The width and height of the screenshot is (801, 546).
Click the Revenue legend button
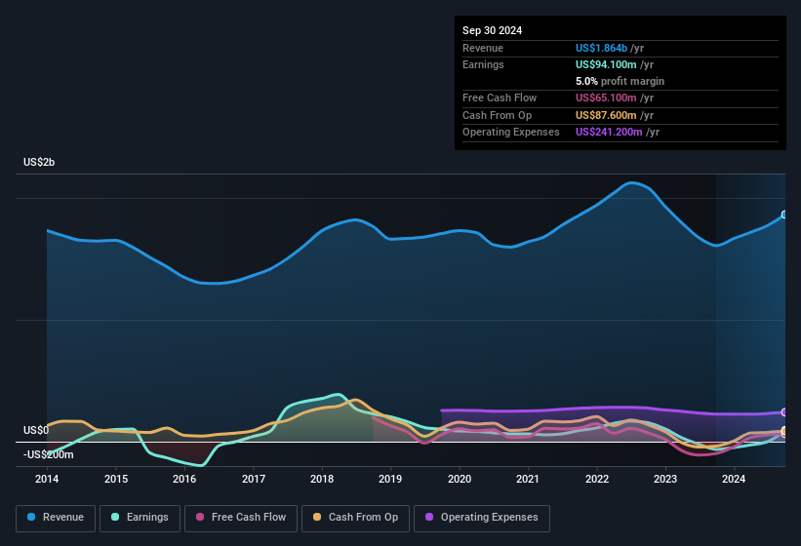point(55,518)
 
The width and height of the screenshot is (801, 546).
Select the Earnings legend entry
point(140,518)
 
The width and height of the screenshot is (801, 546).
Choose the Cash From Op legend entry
point(354,518)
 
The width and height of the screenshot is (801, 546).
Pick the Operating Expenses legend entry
point(482,518)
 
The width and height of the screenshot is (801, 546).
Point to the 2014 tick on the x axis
point(47,479)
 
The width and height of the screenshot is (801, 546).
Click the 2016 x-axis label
point(184,479)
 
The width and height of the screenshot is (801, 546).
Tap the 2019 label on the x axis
point(390,479)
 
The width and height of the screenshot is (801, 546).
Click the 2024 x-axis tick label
point(734,479)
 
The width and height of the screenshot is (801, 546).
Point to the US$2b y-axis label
point(40,162)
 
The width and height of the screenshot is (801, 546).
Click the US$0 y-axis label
point(36,430)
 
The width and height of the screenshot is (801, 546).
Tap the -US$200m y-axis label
point(49,454)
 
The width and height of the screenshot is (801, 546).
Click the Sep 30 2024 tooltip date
point(492,30)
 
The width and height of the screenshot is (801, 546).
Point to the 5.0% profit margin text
point(620,81)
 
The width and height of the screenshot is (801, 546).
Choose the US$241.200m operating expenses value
point(615,132)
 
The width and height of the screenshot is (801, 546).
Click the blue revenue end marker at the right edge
point(783,214)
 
